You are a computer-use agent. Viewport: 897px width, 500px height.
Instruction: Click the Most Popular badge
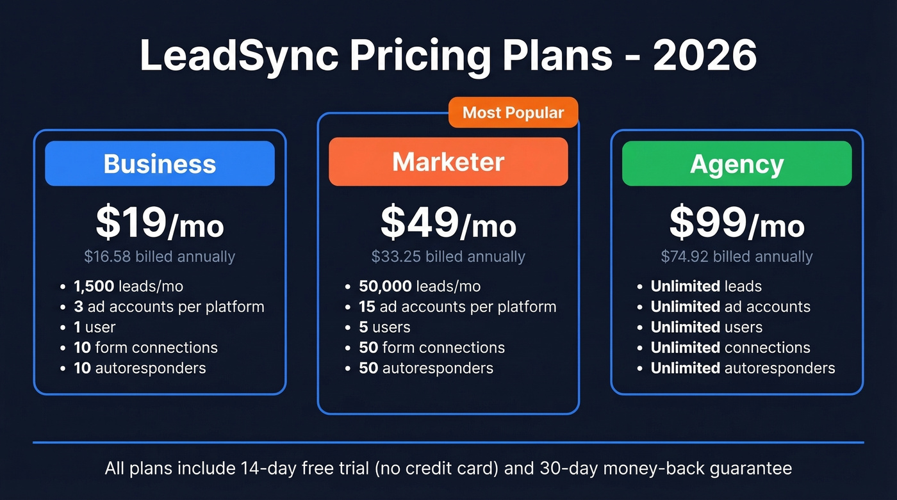[513, 113]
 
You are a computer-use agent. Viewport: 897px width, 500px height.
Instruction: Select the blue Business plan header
[160, 163]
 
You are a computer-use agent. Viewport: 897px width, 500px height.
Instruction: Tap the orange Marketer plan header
[448, 162]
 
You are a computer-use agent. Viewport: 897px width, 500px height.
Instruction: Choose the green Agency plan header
[737, 164]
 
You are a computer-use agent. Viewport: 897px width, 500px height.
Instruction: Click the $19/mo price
[160, 223]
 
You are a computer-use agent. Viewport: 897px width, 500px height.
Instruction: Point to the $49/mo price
[448, 223]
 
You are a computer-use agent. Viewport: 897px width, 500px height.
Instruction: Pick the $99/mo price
[737, 223]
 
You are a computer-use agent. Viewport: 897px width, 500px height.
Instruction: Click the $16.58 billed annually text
[160, 257]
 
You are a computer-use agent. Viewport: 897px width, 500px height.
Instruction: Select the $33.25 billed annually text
[448, 257]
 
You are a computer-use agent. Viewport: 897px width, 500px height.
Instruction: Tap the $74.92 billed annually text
[737, 257]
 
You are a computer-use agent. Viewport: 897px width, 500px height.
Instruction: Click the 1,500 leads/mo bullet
[128, 286]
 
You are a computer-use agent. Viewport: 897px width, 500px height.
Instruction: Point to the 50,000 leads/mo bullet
[420, 286]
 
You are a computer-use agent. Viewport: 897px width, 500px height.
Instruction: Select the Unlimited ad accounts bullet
[730, 307]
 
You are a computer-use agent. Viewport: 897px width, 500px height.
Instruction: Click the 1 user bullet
[94, 327]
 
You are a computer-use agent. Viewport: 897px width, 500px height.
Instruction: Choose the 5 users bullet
[384, 327]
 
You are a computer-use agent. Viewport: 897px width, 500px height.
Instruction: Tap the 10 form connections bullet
[145, 348]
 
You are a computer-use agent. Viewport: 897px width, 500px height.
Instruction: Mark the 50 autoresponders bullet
[426, 368]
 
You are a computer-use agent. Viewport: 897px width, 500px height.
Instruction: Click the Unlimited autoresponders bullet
[743, 368]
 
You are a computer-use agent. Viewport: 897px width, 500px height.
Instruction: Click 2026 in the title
[705, 56]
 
